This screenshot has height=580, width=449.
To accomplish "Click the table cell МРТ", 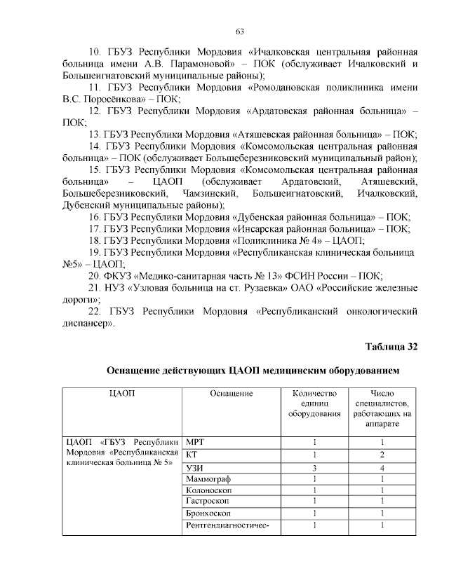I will click(195, 443).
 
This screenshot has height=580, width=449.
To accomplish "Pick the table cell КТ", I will click(192, 455).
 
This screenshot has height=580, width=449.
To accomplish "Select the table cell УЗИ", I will click(194, 467).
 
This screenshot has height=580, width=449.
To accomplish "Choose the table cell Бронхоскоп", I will click(209, 513).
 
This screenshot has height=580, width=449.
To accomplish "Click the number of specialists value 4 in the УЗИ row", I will click(382, 467).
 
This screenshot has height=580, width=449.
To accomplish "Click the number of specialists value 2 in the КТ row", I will click(382, 455).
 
